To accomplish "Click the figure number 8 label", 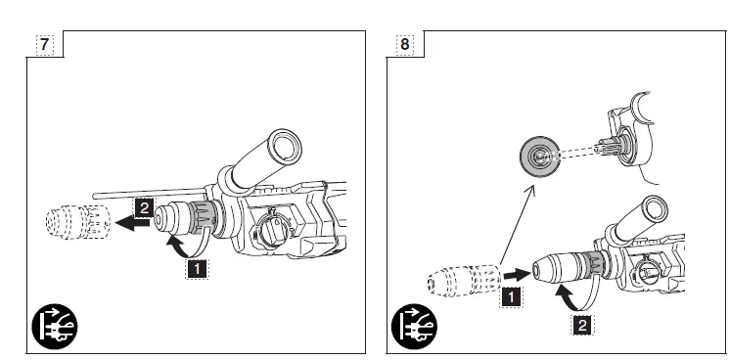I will pyautogui.click(x=405, y=44).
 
